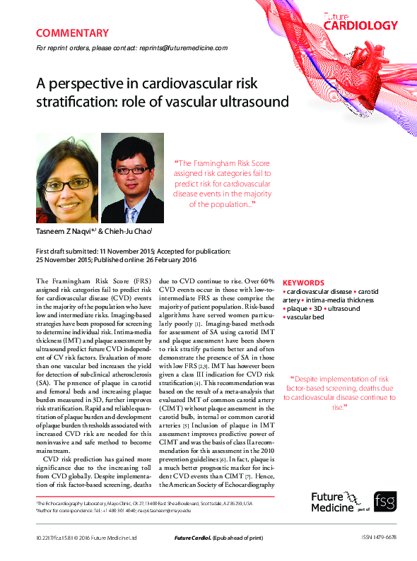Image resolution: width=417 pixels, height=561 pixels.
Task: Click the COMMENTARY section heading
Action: coord(72,33)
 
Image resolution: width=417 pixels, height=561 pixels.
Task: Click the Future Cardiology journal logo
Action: coord(360,22)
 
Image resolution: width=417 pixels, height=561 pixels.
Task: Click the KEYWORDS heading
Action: coord(303,282)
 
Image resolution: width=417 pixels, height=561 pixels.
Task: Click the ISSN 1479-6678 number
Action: coord(378,537)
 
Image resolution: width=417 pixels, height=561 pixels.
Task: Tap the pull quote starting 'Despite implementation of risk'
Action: coord(339,393)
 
